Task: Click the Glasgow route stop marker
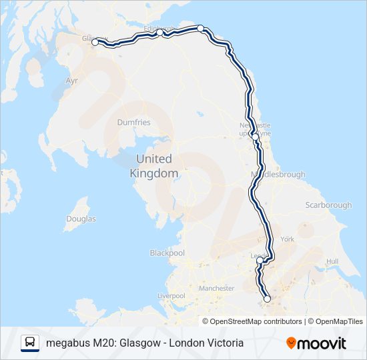(x=95, y=42)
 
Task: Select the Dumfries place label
(x=133, y=123)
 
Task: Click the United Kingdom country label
(x=154, y=166)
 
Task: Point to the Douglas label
(x=81, y=219)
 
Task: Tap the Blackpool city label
(x=167, y=253)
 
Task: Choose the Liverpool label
(x=171, y=295)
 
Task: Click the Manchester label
(x=216, y=289)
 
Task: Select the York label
(x=288, y=239)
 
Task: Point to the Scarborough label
(x=328, y=205)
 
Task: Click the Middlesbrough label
(x=278, y=175)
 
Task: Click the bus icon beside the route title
(x=30, y=343)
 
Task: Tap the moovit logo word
(x=322, y=343)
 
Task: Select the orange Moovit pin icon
(x=292, y=343)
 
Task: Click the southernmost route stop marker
(x=267, y=299)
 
